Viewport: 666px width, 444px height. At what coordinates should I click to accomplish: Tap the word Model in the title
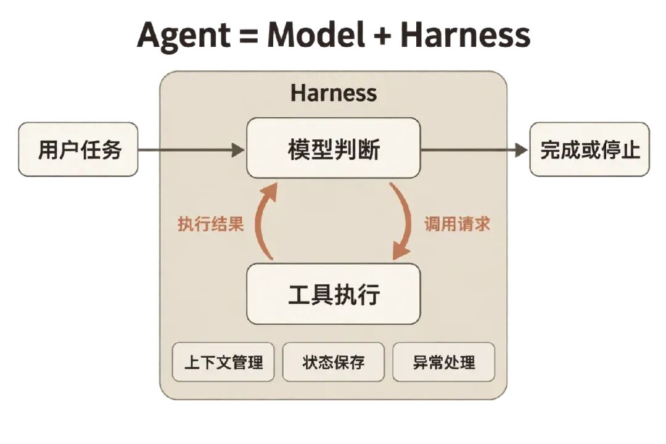316,34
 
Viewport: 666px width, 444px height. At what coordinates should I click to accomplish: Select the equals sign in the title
249,35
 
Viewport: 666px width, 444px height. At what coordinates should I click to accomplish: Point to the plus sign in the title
383,35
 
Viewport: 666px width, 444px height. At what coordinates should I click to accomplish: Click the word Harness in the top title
465,34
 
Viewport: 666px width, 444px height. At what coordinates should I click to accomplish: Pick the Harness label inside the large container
334,92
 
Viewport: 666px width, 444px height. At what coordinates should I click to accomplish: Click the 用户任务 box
78,150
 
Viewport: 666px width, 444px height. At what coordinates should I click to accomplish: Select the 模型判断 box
334,148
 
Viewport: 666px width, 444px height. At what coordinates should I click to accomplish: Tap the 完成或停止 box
590,150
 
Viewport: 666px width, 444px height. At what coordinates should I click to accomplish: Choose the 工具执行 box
334,294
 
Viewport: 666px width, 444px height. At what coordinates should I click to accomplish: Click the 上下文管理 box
223,362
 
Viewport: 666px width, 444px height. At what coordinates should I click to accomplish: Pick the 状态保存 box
334,362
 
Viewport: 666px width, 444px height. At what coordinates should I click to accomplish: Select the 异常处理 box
444,362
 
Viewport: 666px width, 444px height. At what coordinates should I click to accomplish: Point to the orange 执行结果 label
211,224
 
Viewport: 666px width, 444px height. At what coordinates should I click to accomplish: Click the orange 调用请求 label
457,224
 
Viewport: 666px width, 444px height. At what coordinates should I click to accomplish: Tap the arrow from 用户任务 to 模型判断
192,150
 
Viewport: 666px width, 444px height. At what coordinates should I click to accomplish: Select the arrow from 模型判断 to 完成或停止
474,150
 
